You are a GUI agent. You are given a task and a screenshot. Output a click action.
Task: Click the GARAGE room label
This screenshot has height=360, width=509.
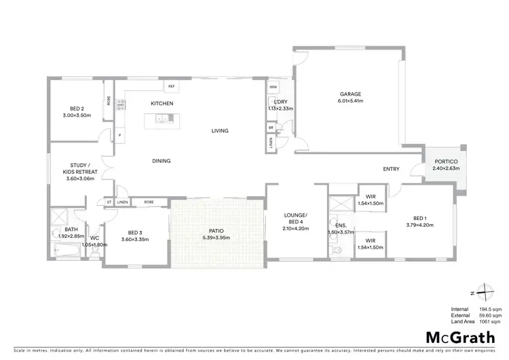point(351,94)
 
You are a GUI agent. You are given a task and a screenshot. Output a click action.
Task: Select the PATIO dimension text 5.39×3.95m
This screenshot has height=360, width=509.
point(215,238)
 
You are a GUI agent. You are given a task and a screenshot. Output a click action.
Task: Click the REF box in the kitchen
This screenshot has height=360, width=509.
point(172,86)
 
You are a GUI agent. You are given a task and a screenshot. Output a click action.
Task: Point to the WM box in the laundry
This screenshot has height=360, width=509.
point(273,88)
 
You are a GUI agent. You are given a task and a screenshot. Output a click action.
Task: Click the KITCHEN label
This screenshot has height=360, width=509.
point(162,103)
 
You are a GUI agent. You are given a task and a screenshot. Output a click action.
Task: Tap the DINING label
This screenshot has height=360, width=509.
point(161,161)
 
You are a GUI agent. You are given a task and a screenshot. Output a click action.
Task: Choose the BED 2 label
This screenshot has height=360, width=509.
point(77,109)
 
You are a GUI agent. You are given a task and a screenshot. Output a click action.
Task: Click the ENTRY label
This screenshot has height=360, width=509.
point(391,169)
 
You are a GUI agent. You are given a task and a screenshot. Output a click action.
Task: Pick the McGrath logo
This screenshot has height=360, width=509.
point(454,338)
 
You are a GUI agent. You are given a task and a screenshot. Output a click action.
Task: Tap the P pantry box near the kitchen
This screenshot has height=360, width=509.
point(119,134)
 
